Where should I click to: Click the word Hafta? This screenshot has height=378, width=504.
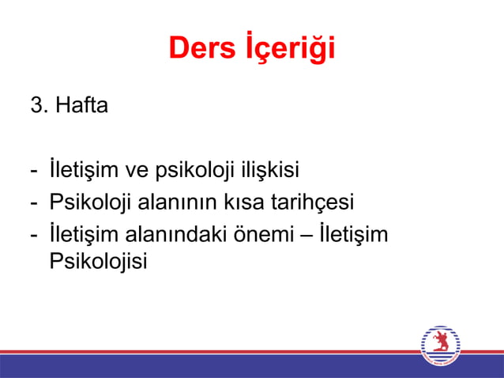(x=81, y=105)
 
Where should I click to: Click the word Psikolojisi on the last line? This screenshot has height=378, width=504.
(x=99, y=262)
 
